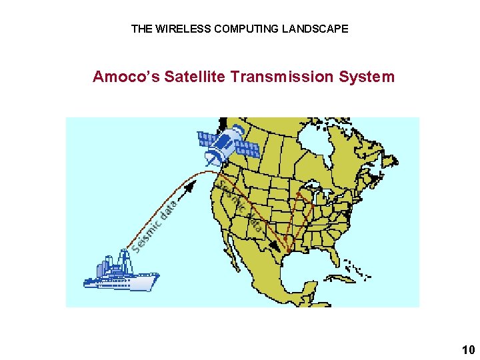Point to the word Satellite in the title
tap(193, 77)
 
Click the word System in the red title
tap(367, 77)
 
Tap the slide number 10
tap(468, 349)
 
